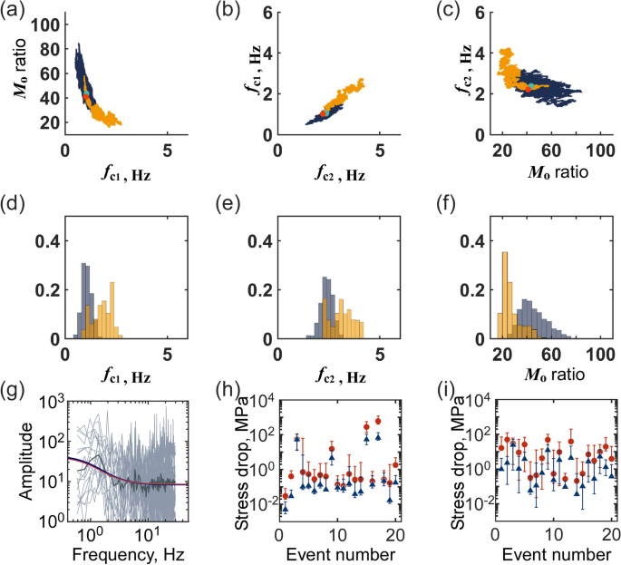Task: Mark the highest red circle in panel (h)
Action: [x=378, y=421]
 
